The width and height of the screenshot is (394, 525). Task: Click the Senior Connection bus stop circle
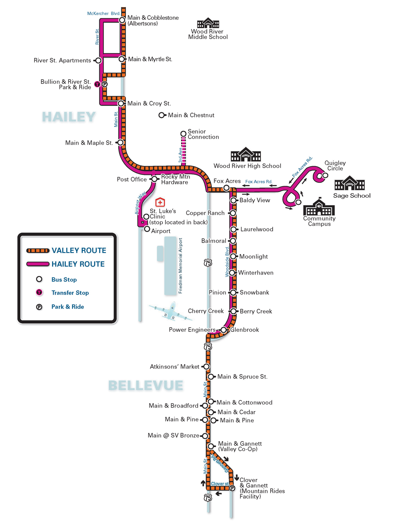pyautogui.click(x=183, y=134)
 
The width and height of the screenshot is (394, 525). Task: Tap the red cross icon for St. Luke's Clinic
pyautogui.click(x=160, y=202)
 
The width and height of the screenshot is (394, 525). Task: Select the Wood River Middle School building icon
pyautogui.click(x=208, y=23)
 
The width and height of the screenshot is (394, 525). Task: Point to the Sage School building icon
pyautogui.click(x=349, y=184)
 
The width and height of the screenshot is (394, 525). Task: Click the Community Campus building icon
pyautogui.click(x=319, y=207)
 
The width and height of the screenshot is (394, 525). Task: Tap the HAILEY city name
pyautogui.click(x=69, y=117)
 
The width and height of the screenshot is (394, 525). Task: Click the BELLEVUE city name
pyautogui.click(x=146, y=385)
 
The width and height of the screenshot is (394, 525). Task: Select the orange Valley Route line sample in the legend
pyautogui.click(x=38, y=250)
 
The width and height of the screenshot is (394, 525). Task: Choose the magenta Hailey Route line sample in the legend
pyautogui.click(x=38, y=264)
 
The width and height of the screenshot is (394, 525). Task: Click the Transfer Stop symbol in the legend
pyautogui.click(x=39, y=292)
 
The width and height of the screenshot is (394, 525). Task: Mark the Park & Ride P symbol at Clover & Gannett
pyautogui.click(x=232, y=488)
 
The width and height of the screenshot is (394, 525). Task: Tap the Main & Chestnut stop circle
pyautogui.click(x=162, y=115)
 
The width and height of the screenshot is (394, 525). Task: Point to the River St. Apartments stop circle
pyautogui.click(x=98, y=61)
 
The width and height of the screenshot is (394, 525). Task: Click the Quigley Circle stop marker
pyautogui.click(x=325, y=175)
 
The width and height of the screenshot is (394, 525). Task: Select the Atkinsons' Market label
pyautogui.click(x=175, y=367)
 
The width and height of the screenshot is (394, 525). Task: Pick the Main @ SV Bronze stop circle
pyautogui.click(x=205, y=436)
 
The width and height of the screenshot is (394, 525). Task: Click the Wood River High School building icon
pyautogui.click(x=246, y=155)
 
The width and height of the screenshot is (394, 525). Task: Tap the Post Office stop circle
pyautogui.click(x=154, y=179)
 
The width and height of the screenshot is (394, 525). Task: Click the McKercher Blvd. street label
pyautogui.click(x=103, y=13)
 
